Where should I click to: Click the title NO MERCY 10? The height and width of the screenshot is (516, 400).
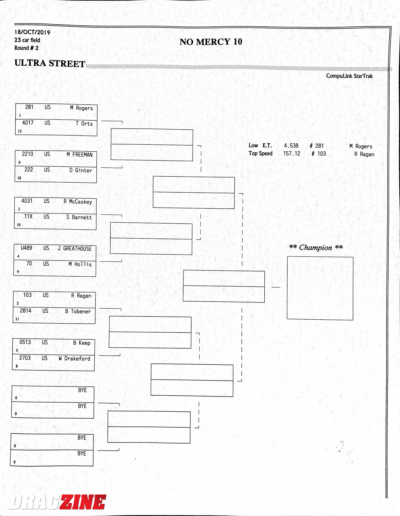coord(211,42)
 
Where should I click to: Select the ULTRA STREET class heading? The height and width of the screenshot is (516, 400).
coord(50,63)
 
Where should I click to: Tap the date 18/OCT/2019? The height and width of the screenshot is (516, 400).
coord(32,32)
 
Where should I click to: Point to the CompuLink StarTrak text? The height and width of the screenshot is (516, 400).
coord(349,76)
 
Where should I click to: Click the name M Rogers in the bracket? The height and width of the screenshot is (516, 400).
coord(81,108)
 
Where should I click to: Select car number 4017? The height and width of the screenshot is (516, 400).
coord(28,123)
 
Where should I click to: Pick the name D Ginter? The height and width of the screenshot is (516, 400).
coord(81,170)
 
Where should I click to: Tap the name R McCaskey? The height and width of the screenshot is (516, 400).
coord(78,202)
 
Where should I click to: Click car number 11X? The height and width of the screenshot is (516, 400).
coord(28,216)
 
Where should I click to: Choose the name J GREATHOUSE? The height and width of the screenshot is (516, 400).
coord(75,249)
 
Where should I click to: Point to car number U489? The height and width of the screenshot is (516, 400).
coord(26,248)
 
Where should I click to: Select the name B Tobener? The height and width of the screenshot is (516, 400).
coord(78,311)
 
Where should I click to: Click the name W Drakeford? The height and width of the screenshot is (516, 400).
coord(75,358)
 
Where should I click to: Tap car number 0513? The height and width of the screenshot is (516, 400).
coord(25,342)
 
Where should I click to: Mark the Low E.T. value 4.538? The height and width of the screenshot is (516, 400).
coord(291,146)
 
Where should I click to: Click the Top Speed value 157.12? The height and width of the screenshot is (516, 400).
coord(292,153)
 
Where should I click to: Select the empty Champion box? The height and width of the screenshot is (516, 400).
coord(320,288)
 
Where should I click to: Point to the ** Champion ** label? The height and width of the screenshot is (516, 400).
coord(316,247)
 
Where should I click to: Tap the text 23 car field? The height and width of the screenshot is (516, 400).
coord(27,40)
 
